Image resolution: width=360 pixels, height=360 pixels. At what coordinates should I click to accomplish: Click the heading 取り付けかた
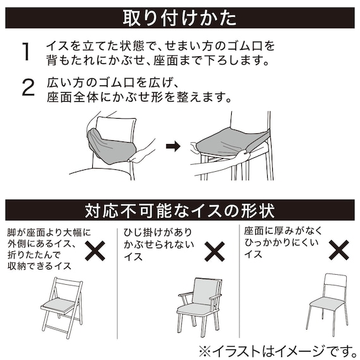tap(179, 18)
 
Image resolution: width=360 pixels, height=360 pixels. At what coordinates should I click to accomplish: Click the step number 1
tap(26, 52)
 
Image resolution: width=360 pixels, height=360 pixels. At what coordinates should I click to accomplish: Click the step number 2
tap(27, 88)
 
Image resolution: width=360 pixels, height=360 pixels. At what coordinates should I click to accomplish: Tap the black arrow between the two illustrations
tap(173, 147)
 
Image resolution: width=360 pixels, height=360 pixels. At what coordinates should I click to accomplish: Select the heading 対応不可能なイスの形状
tap(179, 210)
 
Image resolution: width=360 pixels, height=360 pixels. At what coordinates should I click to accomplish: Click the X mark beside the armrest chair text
tap(215, 251)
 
